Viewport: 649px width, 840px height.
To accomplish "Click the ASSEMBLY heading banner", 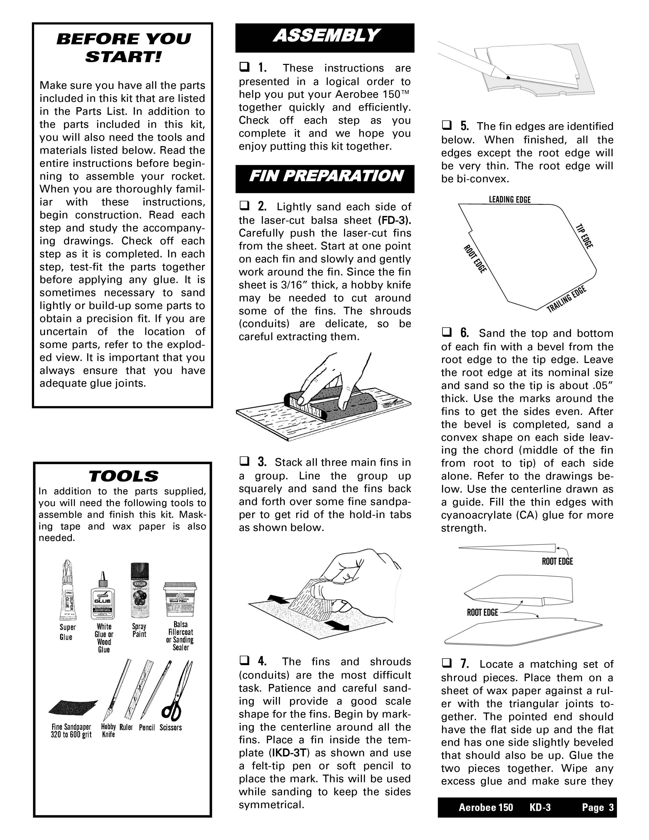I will tap(325, 37).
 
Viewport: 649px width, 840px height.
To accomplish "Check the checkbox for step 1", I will tap(244, 68).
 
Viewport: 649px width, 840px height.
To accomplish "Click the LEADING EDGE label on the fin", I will tap(510, 200).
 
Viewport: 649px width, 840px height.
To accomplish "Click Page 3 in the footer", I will tap(598, 808).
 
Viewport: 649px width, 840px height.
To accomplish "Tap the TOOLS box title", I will tap(123, 477).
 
